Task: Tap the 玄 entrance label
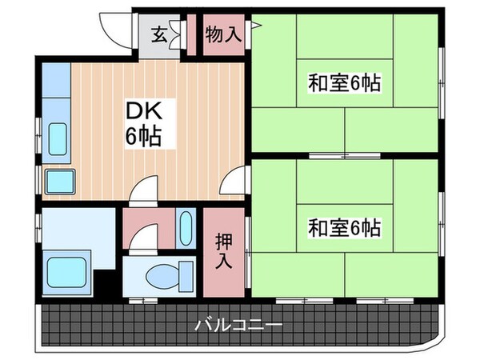[159, 34]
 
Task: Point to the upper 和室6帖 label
[344, 82]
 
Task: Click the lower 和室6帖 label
[344, 228]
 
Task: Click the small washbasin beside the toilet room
[186, 229]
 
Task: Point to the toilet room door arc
[144, 238]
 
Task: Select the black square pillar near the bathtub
[102, 284]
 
